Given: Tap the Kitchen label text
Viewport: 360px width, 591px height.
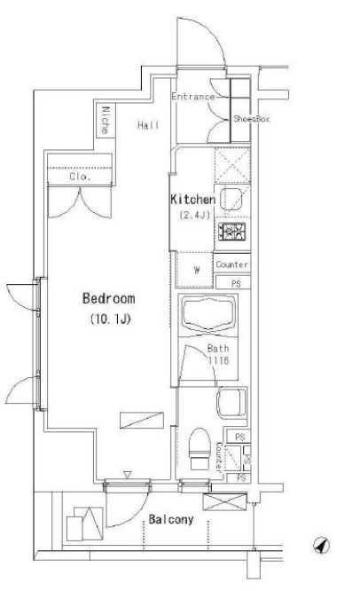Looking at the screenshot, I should [x=193, y=201].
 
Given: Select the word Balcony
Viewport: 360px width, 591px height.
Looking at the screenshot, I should [x=170, y=519].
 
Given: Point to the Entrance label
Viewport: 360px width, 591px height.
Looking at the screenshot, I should [x=192, y=97].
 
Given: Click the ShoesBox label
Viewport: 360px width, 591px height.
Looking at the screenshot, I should [x=251, y=118].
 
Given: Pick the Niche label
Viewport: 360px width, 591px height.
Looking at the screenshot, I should [x=106, y=121].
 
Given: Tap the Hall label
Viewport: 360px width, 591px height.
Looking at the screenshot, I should [x=148, y=126].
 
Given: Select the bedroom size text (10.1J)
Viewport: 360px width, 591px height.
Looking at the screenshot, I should [x=110, y=319].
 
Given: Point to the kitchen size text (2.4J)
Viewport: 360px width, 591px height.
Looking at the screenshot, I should [x=194, y=216].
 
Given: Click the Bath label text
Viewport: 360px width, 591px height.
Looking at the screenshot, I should [x=218, y=349].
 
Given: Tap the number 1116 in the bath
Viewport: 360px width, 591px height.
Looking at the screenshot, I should [x=220, y=362].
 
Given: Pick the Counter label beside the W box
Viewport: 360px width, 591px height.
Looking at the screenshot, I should [x=232, y=264].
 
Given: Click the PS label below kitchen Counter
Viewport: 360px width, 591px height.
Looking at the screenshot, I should [x=235, y=283].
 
